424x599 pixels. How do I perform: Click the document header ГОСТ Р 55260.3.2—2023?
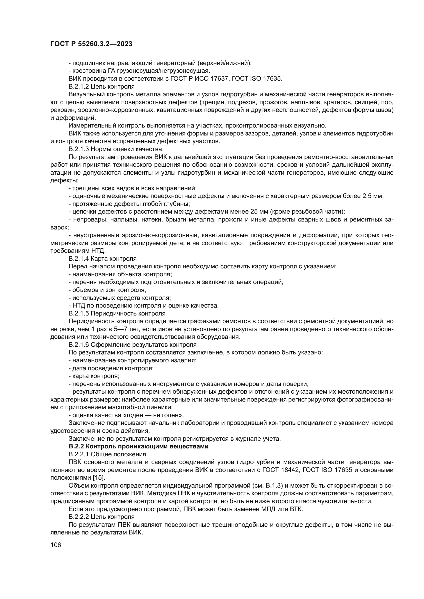click(91, 44)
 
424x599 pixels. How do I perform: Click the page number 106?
click(56, 544)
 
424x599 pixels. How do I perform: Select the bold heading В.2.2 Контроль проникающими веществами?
click(138, 446)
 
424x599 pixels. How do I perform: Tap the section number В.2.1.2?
click(79, 86)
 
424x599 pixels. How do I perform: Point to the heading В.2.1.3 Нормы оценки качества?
click(115, 149)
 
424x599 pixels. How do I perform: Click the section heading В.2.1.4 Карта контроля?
click(102, 259)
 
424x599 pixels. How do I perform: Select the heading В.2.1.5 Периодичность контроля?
click(117, 313)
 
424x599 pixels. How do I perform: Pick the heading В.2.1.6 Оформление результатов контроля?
click(132, 345)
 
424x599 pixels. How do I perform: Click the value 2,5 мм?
click(372, 196)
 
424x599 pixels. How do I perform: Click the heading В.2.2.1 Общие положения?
click(107, 454)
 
